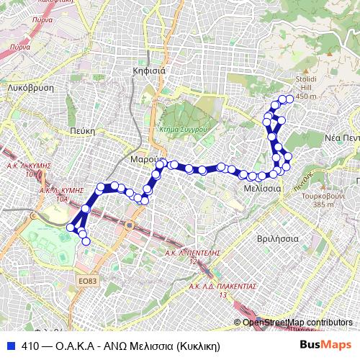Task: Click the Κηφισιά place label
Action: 150,71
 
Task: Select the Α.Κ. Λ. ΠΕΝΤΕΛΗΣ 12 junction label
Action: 192,256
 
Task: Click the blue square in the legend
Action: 10,346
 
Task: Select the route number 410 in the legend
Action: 30,346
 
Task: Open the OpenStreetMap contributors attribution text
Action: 296,323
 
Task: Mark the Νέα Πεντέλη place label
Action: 341,137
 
